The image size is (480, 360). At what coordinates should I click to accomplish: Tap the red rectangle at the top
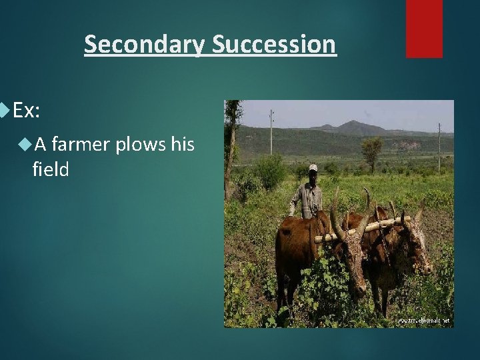(x=424, y=28)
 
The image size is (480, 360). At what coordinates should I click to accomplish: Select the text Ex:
(x=27, y=111)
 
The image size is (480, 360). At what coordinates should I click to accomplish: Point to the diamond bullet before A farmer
(x=26, y=142)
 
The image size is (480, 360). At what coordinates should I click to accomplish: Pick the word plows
(x=141, y=143)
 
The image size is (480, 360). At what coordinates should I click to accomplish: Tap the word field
(x=50, y=169)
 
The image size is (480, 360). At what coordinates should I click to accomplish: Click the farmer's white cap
(x=313, y=168)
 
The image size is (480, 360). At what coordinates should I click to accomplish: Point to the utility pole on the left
(x=271, y=133)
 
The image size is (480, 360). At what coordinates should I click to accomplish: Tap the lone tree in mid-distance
(x=371, y=148)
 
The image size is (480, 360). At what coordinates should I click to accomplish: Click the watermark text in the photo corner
(x=423, y=321)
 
